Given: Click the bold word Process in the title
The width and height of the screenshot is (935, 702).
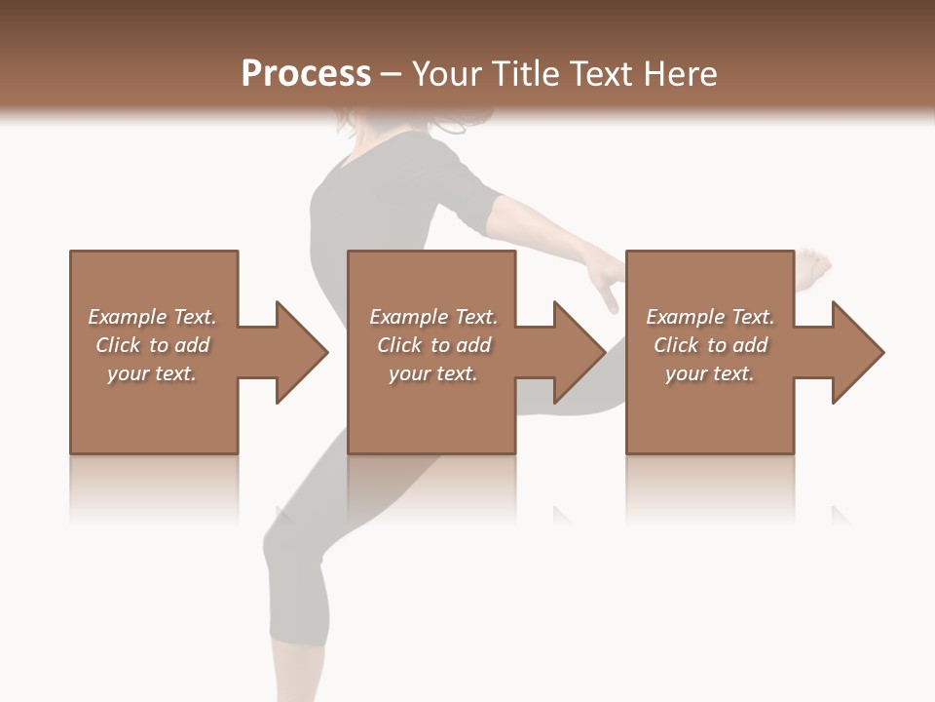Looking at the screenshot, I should (306, 73).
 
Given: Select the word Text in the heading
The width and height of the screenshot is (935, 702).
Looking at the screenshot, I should (598, 73).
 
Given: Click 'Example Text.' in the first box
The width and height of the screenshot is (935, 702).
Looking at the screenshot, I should (152, 317).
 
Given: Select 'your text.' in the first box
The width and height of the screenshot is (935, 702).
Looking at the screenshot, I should (152, 373).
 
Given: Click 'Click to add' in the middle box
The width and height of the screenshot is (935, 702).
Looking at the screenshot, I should (433, 345).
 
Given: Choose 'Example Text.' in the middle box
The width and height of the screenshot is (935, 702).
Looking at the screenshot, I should (433, 317).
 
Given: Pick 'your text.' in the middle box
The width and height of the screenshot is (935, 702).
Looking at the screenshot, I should (433, 373).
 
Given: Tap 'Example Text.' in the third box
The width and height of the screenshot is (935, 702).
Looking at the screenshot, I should (710, 317).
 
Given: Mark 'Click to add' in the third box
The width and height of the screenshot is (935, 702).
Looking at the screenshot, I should (710, 345).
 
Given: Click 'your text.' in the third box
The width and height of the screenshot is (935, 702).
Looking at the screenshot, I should (710, 373).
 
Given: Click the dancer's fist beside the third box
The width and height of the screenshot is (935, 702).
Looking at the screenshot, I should (814, 267).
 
